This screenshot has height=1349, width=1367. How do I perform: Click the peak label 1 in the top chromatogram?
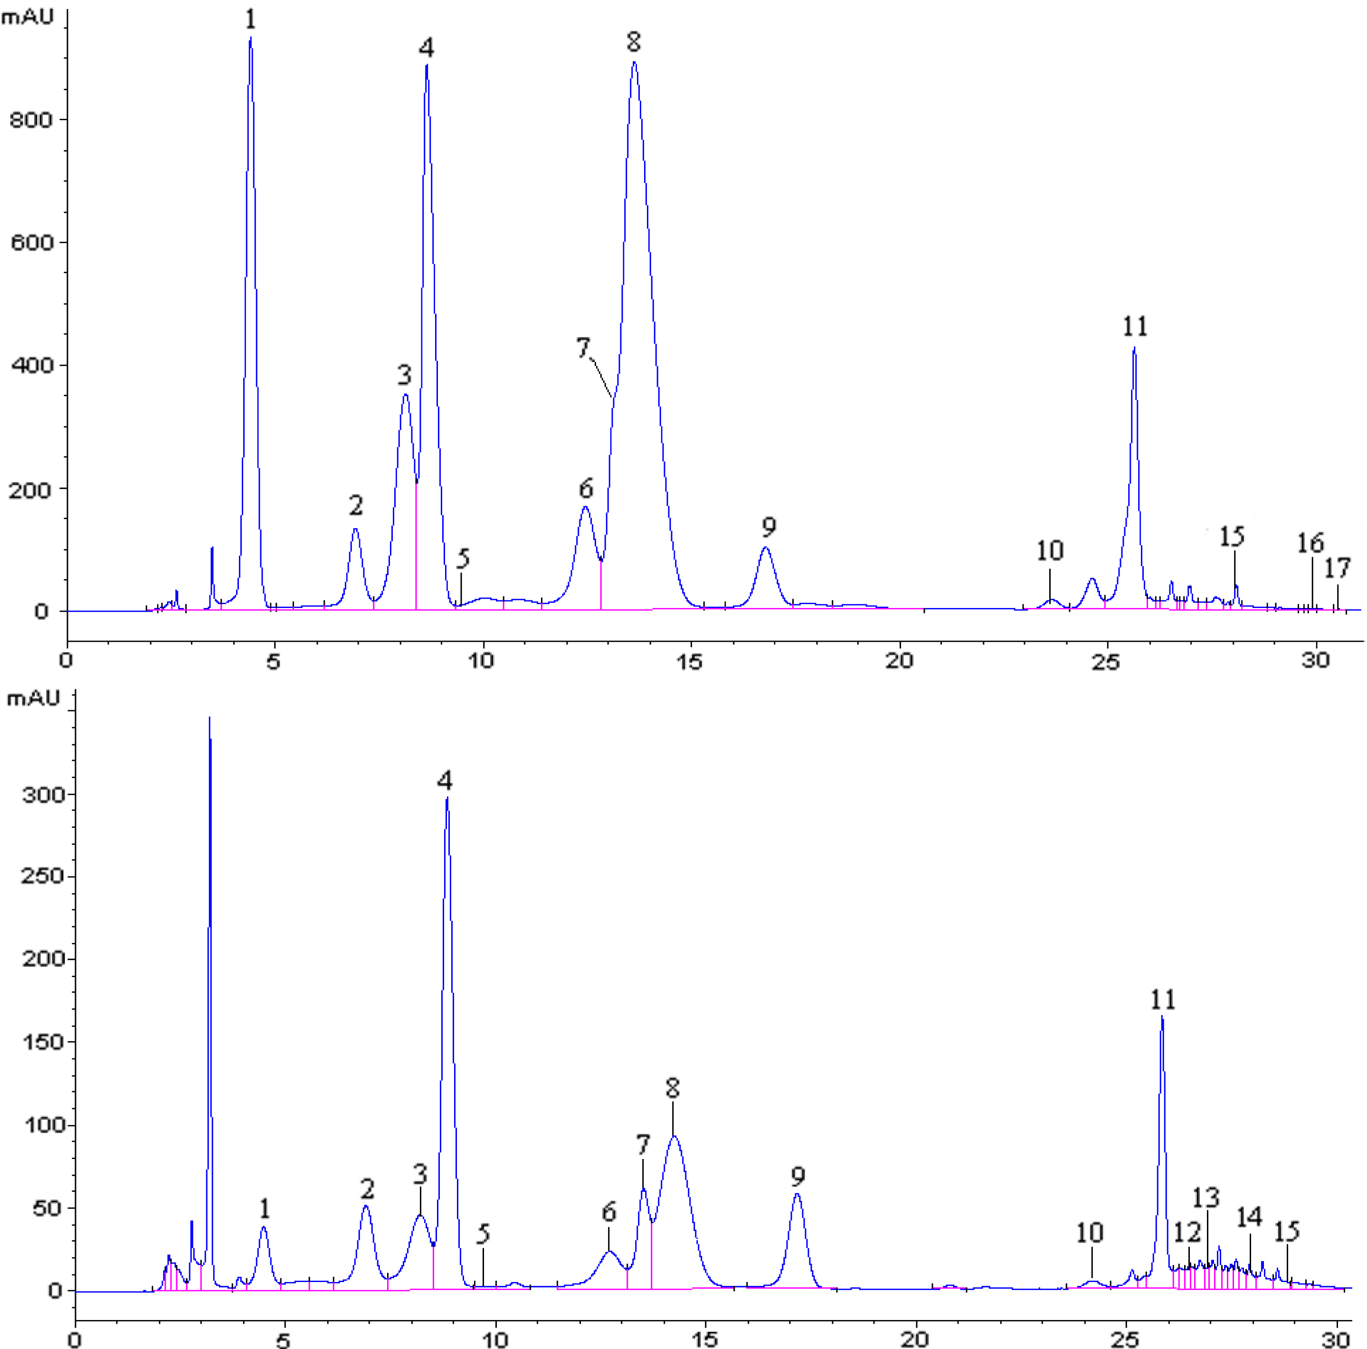point(250,19)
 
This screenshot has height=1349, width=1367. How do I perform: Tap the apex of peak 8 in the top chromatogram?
point(634,63)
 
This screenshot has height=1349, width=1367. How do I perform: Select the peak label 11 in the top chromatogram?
point(1135,326)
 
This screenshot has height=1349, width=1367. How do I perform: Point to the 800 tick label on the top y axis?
point(31,120)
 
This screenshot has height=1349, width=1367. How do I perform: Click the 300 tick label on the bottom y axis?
point(43,795)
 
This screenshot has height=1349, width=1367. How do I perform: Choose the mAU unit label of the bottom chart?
point(33,699)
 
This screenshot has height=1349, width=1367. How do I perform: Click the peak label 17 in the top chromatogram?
point(1337,568)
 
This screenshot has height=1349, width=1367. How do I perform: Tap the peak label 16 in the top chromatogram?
point(1310,543)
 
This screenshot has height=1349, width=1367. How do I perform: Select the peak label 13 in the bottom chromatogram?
point(1206,1197)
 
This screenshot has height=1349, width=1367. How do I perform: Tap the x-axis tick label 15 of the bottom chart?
point(705,1339)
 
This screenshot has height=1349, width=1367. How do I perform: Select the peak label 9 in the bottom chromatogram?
point(798,1176)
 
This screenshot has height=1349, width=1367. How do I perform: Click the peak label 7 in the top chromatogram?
point(583,348)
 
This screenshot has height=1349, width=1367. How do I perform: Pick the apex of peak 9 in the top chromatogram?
point(766,548)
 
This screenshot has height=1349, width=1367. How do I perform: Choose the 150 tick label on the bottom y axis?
point(43,1042)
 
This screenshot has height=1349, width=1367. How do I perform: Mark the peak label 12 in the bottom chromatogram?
point(1187,1232)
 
